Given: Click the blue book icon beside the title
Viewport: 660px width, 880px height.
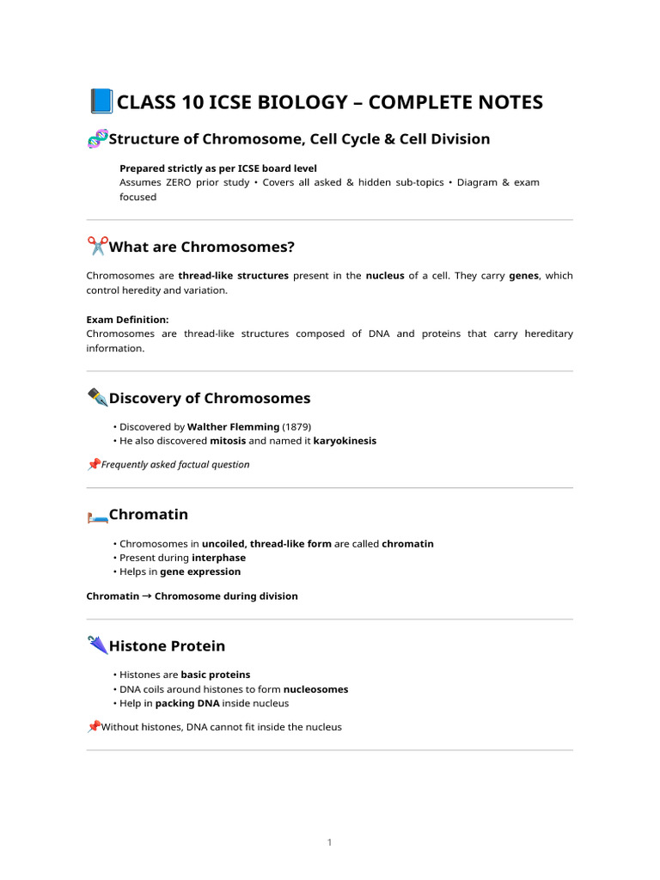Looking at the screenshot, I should coord(101,102).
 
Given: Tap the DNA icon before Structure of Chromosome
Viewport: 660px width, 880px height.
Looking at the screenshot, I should coord(97,139).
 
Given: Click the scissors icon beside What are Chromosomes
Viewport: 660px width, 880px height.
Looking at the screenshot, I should coord(97,247).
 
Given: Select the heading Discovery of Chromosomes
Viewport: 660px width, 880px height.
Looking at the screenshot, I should coord(210,398).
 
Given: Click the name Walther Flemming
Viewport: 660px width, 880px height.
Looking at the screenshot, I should coord(233,426).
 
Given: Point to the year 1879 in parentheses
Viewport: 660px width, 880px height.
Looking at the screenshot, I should coord(297,426).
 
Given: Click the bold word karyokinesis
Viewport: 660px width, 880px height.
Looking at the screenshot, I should coord(344,441).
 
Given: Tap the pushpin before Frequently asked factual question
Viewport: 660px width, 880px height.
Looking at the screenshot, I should coord(94,464).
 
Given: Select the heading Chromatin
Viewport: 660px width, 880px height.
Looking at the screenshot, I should coord(149,515).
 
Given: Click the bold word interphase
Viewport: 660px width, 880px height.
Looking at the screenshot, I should coord(218,558).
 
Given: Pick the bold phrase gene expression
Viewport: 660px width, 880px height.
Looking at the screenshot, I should coord(200,571).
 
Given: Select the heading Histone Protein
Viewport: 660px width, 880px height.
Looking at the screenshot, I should coord(168,646).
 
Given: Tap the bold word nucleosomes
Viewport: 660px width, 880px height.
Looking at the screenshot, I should coord(315,689).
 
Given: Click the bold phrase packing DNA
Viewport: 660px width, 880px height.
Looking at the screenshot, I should coord(187,703).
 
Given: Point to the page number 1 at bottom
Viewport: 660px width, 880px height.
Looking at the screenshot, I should coord(329,842).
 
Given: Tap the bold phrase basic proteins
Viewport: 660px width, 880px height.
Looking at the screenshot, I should coord(215,675).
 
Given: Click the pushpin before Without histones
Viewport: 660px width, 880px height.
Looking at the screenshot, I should coord(94,726).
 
